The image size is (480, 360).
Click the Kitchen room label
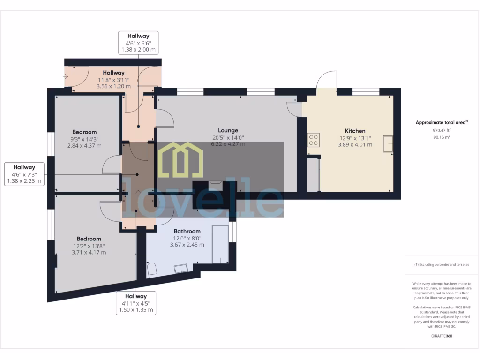pyautogui.click(x=355, y=131)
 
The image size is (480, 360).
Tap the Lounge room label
pyautogui.click(x=228, y=130)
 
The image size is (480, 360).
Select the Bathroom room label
pyautogui.click(x=187, y=231)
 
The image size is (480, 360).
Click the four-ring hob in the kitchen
pyautogui.click(x=313, y=140)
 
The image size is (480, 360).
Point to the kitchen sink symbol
pyautogui.click(x=388, y=144)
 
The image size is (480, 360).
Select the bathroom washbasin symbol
pyautogui.click(x=181, y=269)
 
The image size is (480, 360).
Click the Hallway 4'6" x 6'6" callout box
pyautogui.click(x=138, y=43)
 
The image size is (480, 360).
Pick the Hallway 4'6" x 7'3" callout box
pyautogui.click(x=24, y=174)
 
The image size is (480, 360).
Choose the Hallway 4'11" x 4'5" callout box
pyautogui.click(x=136, y=303)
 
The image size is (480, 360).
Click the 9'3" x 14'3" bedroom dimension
pyautogui.click(x=84, y=139)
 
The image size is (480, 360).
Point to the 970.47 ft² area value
pyautogui.click(x=441, y=131)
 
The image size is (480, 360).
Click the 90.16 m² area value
pyautogui.click(x=441, y=137)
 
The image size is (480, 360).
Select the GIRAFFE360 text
pyautogui.click(x=441, y=336)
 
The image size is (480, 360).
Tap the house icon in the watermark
pyautogui.click(x=180, y=159)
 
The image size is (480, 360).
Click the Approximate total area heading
pyautogui.click(x=441, y=123)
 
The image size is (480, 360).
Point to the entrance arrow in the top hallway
pyautogui.click(x=65, y=76)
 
